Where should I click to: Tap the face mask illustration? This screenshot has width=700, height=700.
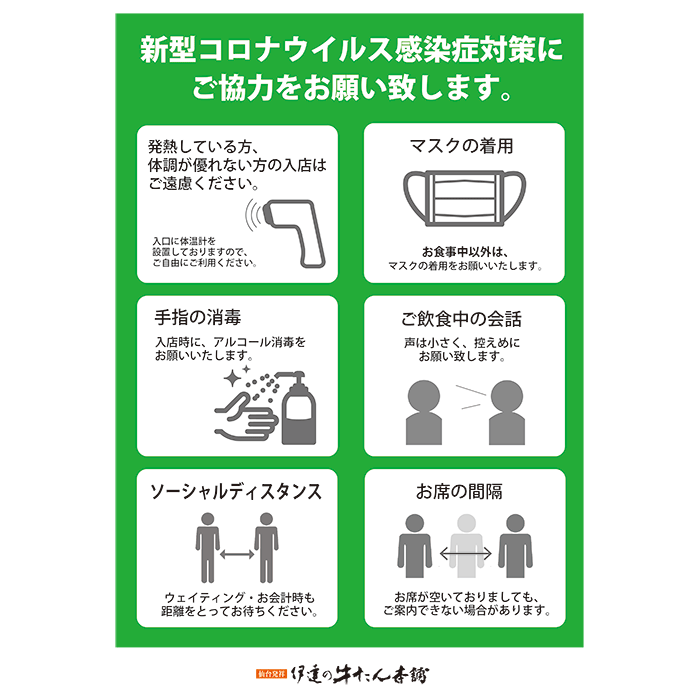click(464, 198)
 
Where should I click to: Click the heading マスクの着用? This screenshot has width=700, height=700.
click(462, 146)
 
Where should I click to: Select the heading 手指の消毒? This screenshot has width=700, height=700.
click(198, 317)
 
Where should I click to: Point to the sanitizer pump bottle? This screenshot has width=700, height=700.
click(298, 408)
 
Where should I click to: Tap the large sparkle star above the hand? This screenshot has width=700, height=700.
click(233, 379)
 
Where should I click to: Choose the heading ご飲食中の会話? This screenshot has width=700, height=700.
click(461, 319)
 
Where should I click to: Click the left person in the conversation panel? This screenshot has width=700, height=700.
click(424, 412)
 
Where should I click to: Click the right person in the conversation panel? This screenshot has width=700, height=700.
click(507, 412)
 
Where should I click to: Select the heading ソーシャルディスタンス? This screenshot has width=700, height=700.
click(236, 492)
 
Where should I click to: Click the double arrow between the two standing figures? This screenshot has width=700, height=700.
click(237, 555)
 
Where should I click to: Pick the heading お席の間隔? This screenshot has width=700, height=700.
click(459, 492)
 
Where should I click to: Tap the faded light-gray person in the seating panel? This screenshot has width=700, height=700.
click(466, 546)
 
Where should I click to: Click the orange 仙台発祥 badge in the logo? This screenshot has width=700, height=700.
click(271, 674)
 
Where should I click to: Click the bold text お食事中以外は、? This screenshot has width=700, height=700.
click(465, 252)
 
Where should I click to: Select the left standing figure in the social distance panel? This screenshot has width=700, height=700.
click(208, 548)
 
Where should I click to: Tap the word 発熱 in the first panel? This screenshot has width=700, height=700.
click(163, 146)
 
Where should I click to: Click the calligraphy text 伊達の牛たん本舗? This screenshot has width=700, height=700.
click(359, 674)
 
